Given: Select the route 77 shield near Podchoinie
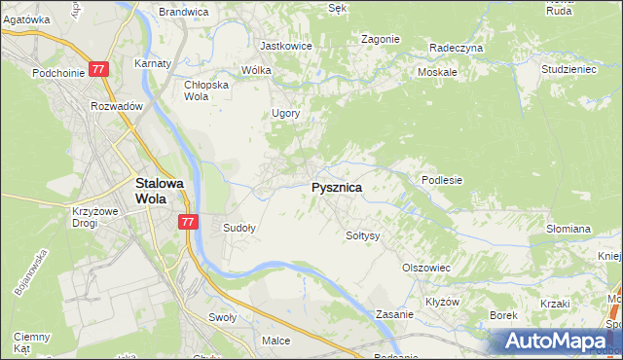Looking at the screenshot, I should tap(98, 70).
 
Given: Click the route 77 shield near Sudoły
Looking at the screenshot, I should tap(189, 223).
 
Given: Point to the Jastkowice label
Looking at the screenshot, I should tap(284, 45).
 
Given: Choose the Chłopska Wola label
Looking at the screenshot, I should tap(205, 90).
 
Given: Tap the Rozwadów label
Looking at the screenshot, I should tap(117, 106).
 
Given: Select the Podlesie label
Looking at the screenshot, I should tap(441, 180).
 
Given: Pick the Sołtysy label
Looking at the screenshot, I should tap(362, 235).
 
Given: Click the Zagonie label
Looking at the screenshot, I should tap(380, 39).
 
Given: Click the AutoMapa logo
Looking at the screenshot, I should tap(552, 342).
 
